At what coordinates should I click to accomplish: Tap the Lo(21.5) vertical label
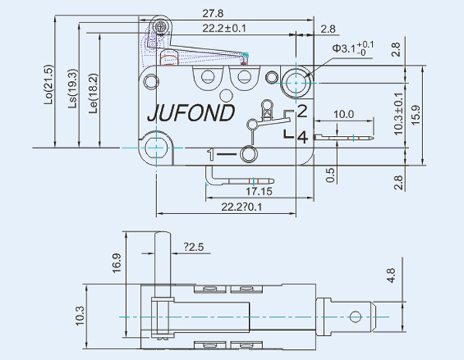tap(49, 84)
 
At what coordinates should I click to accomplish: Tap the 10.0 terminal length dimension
tap(344, 114)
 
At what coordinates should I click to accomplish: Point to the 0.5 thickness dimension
tap(330, 175)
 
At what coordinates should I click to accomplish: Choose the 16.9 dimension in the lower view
tap(117, 263)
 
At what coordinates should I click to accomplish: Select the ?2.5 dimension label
tap(194, 247)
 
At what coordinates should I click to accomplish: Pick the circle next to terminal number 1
tap(247, 155)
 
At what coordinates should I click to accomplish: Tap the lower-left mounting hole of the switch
tap(156, 145)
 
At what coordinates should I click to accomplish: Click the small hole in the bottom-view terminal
tap(355, 315)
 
